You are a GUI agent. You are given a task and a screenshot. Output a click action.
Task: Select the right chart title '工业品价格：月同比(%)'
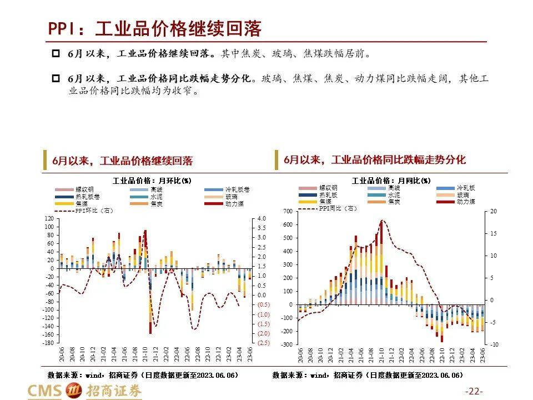pos(391,181)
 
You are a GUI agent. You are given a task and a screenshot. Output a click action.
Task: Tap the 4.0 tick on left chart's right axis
pos(262,219)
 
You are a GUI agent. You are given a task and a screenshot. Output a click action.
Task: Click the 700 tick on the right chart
pos(287,212)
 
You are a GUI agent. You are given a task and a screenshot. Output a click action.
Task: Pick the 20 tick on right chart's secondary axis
pos(494,212)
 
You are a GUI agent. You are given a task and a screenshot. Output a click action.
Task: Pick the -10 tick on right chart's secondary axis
pos(494,344)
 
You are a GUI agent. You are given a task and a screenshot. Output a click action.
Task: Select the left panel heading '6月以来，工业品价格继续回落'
pos(122,161)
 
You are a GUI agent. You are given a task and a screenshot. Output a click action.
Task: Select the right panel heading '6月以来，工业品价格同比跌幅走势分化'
pos(375,160)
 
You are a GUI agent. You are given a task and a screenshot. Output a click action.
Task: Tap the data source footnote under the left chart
pos(143,375)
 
